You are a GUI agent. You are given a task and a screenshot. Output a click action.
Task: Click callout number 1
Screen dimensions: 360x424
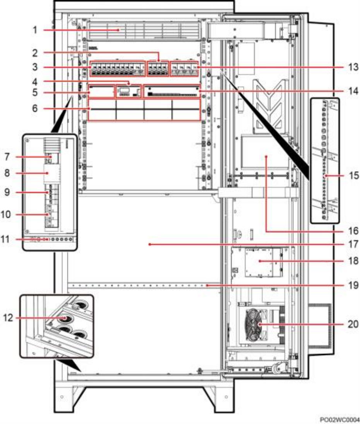pyautogui.click(x=35, y=30)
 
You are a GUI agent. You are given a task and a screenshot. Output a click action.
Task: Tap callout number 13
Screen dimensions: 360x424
pyautogui.click(x=353, y=67)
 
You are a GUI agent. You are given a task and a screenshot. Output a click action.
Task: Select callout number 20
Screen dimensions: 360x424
pyautogui.click(x=353, y=324)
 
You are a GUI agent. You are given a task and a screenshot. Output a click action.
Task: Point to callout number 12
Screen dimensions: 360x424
pyautogui.click(x=8, y=318)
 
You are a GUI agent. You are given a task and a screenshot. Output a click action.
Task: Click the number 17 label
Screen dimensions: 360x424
pyautogui.click(x=353, y=244)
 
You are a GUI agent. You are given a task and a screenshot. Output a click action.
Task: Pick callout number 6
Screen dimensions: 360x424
pyautogui.click(x=35, y=108)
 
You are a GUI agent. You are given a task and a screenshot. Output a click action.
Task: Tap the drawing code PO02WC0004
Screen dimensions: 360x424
pyautogui.click(x=340, y=420)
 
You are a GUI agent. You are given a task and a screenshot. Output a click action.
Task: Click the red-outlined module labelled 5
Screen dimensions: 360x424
pyautogui.click(x=102, y=91)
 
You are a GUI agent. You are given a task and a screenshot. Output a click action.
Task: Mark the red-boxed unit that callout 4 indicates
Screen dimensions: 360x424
pyautogui.click(x=129, y=91)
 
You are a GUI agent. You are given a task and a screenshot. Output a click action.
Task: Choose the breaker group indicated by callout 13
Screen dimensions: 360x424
pyautogui.click(x=184, y=69)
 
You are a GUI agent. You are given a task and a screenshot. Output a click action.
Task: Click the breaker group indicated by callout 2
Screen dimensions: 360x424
pyautogui.click(x=158, y=69)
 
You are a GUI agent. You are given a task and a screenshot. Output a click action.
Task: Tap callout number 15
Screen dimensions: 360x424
pyautogui.click(x=353, y=175)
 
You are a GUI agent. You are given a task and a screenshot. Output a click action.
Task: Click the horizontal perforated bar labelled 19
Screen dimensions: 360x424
pyautogui.click(x=138, y=285)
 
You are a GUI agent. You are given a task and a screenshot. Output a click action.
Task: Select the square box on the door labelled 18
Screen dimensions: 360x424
pyautogui.click(x=260, y=261)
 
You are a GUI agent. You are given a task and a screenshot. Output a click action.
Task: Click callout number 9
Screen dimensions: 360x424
pyautogui.click(x=7, y=192)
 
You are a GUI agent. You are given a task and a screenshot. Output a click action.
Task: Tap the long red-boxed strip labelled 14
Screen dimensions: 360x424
pyautogui.click(x=172, y=91)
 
